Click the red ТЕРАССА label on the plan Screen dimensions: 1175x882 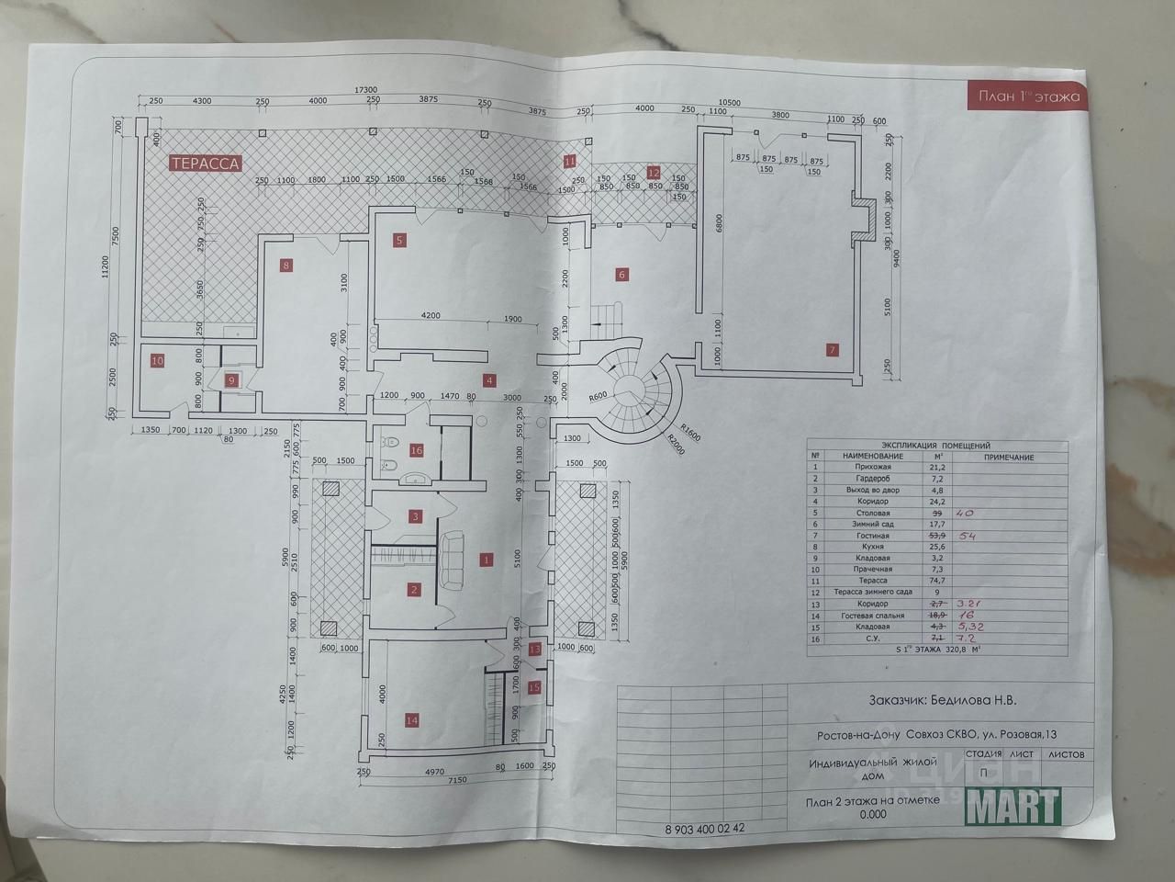click(205, 164)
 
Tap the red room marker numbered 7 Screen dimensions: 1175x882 click(833, 349)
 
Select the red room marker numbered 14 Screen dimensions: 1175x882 click(411, 720)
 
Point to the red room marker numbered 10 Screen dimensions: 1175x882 click(157, 361)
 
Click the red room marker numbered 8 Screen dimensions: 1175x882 click(286, 266)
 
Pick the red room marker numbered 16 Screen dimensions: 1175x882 click(416, 450)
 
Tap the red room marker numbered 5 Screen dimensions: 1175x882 click(399, 241)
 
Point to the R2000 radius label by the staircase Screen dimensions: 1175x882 click(677, 442)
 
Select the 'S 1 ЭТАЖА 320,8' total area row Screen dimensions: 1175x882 click(936, 649)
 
